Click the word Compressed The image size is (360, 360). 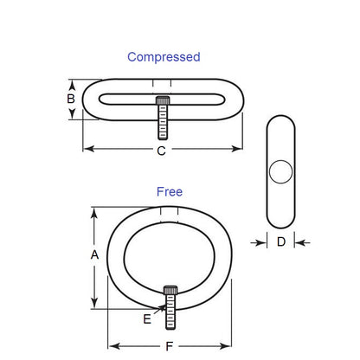[164, 57]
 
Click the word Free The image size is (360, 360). [170, 191]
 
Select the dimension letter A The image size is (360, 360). [95, 255]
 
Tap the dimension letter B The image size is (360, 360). [71, 99]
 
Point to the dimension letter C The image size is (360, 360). [161, 150]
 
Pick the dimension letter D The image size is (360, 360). [281, 243]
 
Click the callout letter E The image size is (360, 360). [147, 319]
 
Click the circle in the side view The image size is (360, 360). [281, 171]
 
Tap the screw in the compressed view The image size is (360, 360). [162, 119]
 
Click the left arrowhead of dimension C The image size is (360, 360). [87, 150]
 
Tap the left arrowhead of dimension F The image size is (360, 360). [112, 345]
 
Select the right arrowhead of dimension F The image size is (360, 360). [229, 345]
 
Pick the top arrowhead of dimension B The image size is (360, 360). [71, 85]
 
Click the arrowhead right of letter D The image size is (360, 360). [299, 243]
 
